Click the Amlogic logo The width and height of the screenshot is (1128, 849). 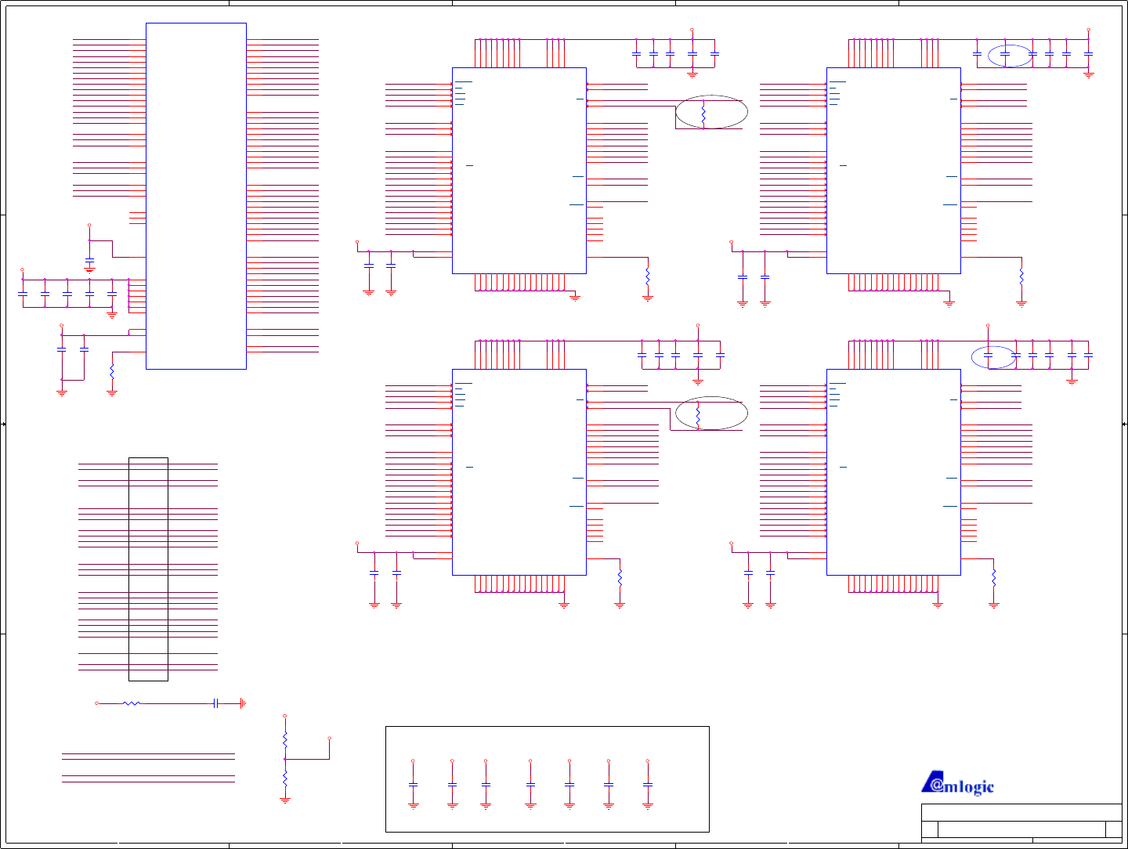[957, 783]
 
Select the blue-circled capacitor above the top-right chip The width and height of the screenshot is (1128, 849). [1005, 54]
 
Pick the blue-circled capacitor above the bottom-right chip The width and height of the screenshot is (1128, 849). [988, 356]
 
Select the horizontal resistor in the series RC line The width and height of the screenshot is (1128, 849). [132, 703]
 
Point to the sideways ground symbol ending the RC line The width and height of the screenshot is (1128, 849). [243, 703]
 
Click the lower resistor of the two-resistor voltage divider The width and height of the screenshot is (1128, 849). [285, 779]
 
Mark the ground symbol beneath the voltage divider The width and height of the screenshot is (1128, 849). [285, 800]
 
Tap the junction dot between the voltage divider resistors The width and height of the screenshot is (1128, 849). [285, 759]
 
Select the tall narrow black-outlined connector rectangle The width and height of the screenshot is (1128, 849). [148, 569]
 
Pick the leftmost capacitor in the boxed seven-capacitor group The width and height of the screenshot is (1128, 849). [414, 784]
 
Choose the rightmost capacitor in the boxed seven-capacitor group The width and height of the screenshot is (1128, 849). [648, 784]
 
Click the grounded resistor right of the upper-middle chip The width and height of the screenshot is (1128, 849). [648, 276]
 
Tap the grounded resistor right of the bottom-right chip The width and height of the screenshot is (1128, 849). [994, 578]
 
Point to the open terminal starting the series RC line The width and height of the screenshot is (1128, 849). [97, 703]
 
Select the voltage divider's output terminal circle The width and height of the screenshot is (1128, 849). [330, 738]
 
